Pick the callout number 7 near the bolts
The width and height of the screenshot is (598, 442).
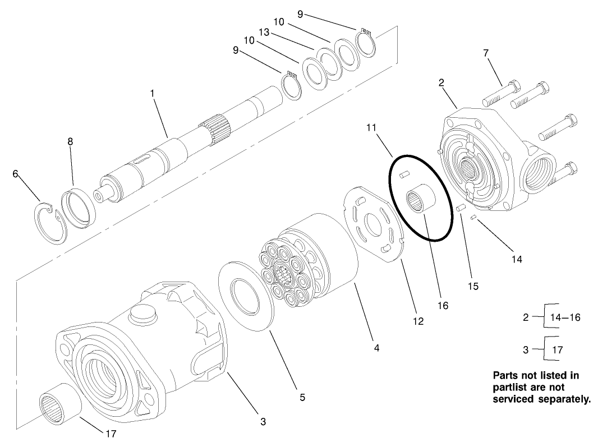pyautogui.click(x=486, y=53)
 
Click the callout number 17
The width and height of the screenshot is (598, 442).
pyautogui.click(x=111, y=433)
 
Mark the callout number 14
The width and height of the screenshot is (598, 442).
pyautogui.click(x=517, y=259)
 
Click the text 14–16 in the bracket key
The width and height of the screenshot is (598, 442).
pyautogui.click(x=565, y=317)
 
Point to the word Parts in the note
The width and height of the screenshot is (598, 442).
pyautogui.click(x=505, y=375)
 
